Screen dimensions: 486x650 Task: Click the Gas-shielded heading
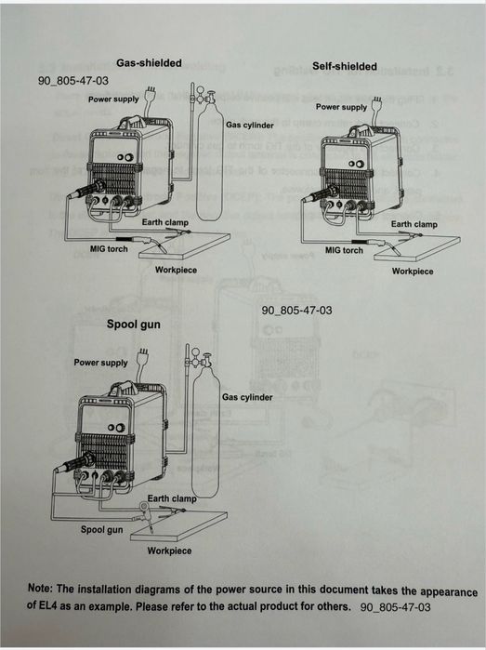[149, 63]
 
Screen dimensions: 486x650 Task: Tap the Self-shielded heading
[345, 66]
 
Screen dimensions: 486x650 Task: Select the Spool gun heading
[134, 325]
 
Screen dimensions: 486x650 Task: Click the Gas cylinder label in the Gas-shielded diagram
[250, 125]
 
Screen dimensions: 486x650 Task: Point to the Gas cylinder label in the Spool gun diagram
[247, 397]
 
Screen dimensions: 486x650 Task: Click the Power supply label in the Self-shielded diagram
[341, 107]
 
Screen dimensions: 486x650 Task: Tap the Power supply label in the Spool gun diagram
[100, 363]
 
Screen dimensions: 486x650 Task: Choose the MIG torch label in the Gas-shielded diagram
[109, 248]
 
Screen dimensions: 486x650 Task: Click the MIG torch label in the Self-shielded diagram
[344, 250]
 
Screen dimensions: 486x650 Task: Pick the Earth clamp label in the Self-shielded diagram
[414, 224]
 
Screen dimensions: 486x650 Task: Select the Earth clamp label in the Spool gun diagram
[172, 498]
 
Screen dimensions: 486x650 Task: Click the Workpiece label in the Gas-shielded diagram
[176, 270]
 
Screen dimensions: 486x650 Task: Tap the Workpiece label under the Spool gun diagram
[169, 551]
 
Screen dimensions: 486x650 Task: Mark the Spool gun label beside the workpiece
[102, 529]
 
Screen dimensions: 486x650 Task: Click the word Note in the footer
[40, 589]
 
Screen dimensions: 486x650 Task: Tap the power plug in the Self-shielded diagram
[377, 102]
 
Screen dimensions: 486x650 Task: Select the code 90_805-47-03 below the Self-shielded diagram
[296, 310]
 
